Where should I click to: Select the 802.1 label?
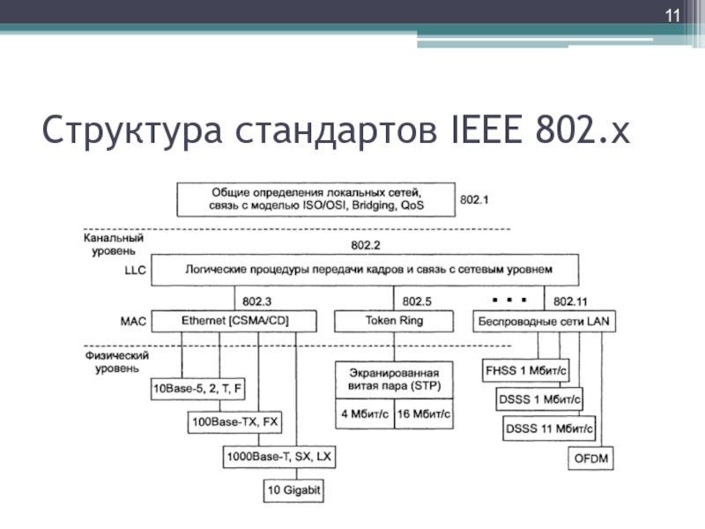point(474,200)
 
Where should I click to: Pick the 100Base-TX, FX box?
point(234,421)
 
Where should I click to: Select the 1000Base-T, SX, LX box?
point(279,458)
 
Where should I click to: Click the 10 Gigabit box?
point(295,488)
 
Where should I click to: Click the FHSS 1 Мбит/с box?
point(526,370)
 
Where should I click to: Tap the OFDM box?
point(590,459)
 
